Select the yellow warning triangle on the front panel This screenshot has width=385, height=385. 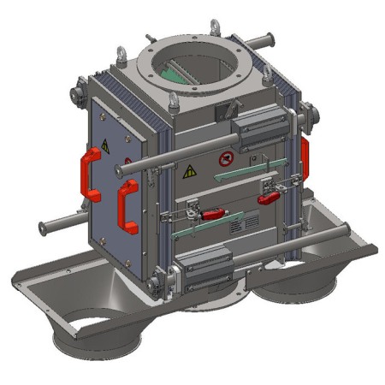point(190,171)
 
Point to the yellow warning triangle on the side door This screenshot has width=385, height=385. point(105,146)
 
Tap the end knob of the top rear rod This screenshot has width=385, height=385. point(270,38)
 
